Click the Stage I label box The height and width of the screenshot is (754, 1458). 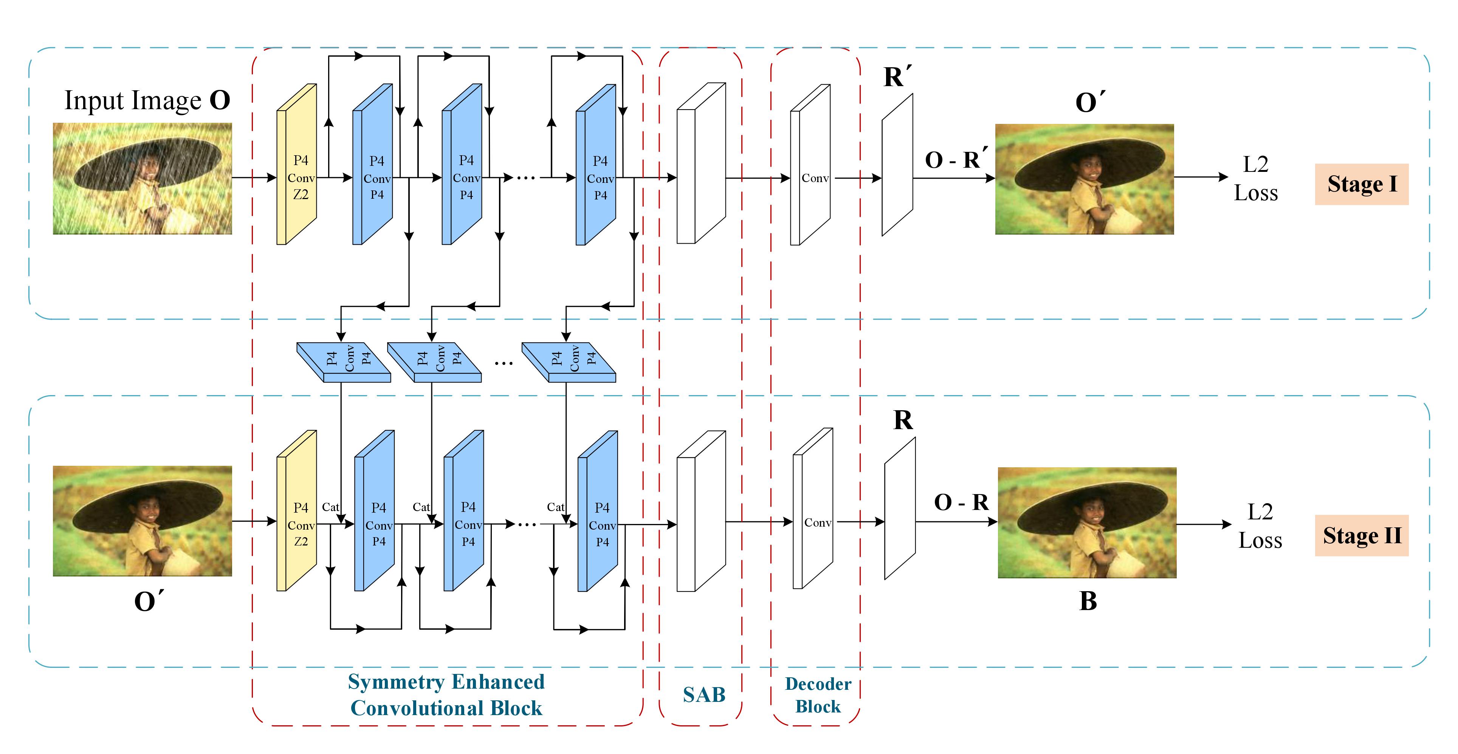click(1361, 184)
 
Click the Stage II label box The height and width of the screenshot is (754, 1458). click(1361, 535)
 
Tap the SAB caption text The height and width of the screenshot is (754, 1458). click(703, 695)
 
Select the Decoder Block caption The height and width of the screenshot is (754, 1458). click(818, 695)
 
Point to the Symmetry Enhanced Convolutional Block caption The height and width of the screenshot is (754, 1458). click(446, 695)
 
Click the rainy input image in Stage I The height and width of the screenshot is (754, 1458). click(142, 179)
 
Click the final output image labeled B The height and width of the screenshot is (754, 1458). click(1087, 523)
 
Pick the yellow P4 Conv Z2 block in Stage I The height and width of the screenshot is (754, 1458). click(297, 170)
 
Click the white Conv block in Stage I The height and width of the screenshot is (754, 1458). click(811, 170)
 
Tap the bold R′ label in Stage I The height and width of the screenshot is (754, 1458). click(897, 77)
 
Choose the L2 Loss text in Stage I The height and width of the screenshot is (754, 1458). click(1255, 179)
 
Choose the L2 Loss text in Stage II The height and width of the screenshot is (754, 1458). click(1260, 526)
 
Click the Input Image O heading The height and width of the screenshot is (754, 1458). click(147, 101)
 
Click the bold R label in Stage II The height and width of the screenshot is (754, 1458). click(903, 420)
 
